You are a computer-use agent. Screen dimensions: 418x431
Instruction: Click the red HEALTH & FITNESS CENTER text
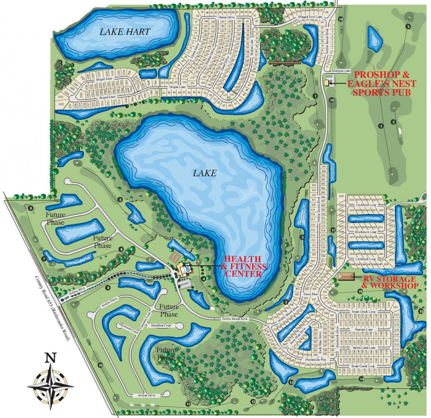[x=245, y=266]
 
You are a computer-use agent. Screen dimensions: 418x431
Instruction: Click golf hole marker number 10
[x=100, y=365]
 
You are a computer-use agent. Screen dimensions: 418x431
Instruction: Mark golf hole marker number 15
[x=421, y=312]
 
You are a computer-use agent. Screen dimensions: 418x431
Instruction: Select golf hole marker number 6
[x=30, y=208]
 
